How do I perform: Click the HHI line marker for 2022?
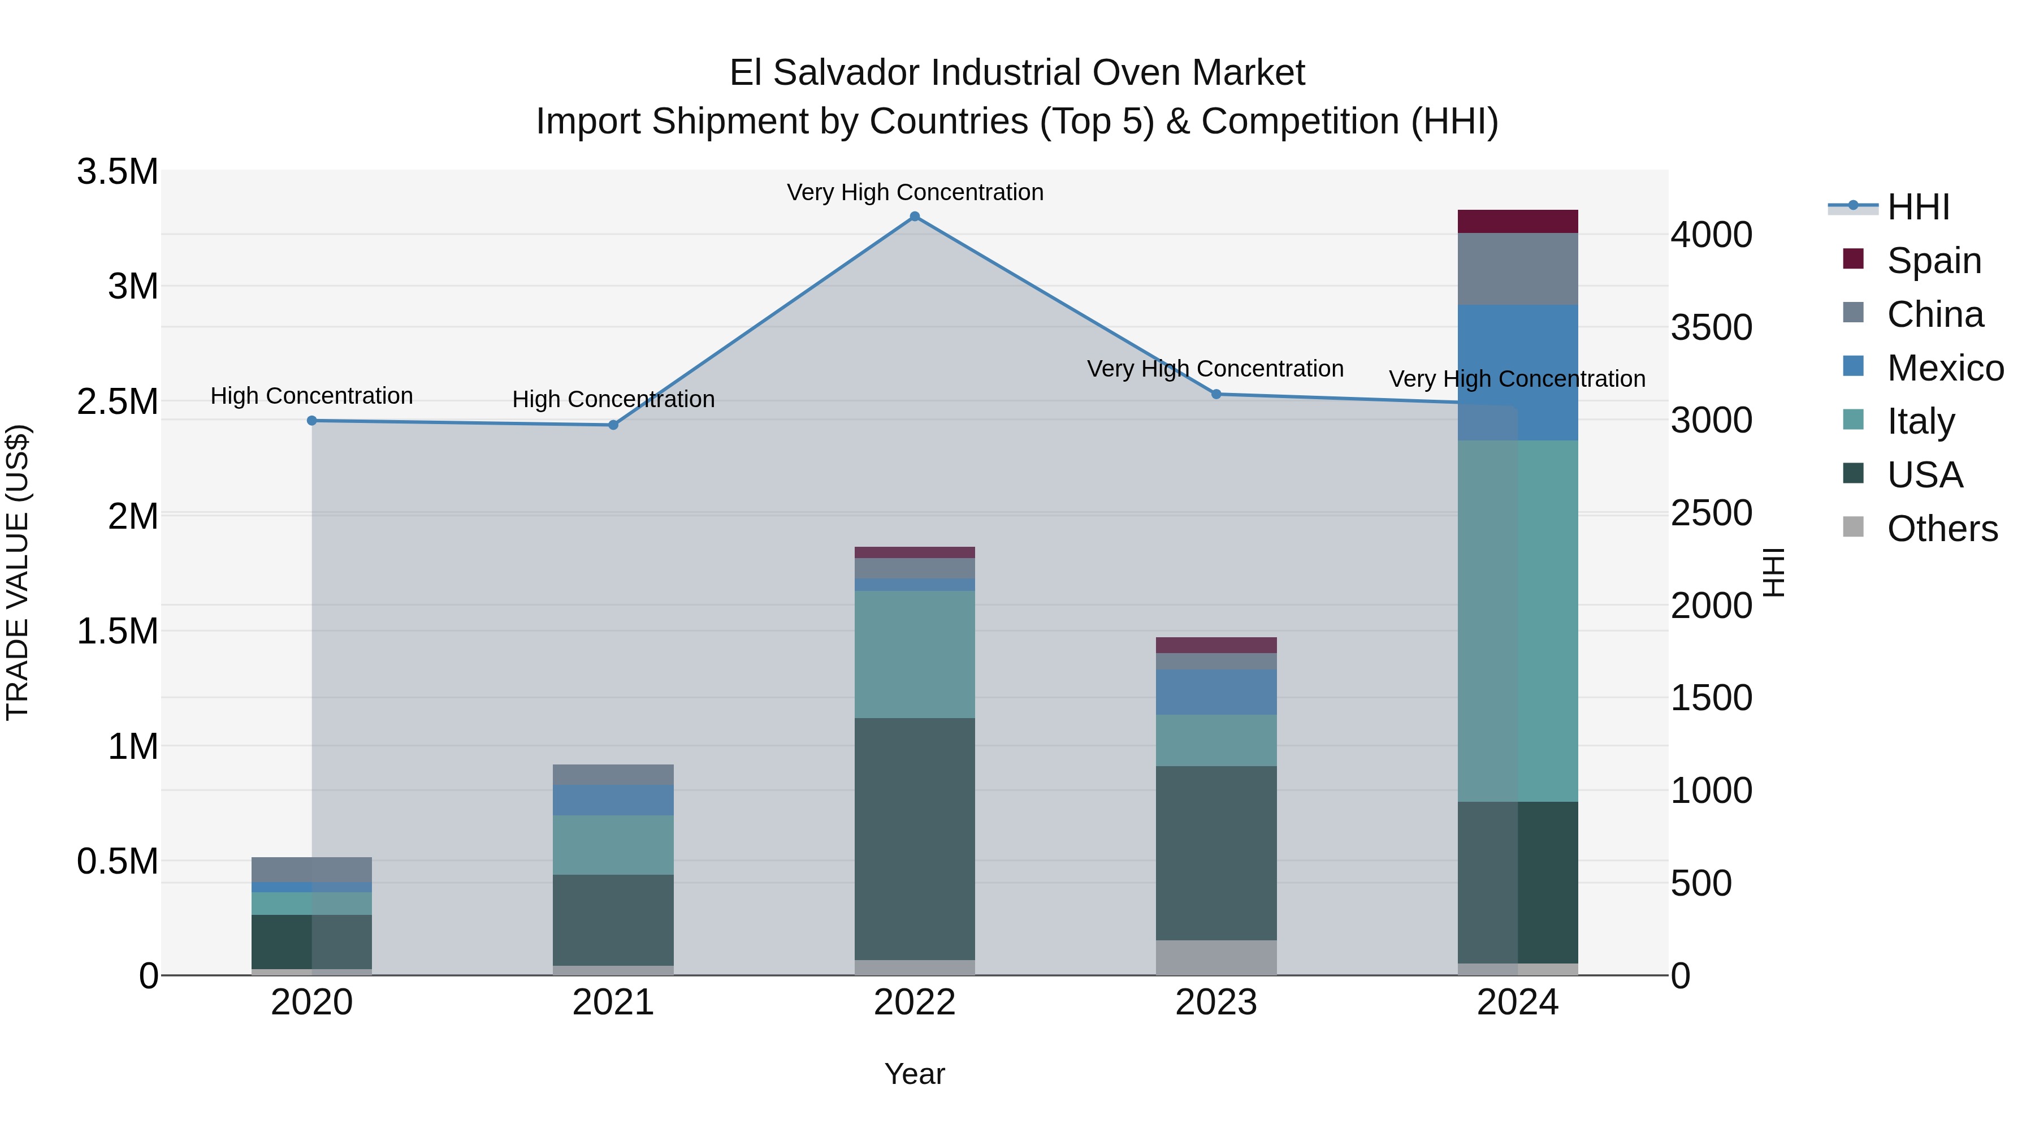[x=915, y=217]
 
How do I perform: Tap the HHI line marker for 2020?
[x=312, y=420]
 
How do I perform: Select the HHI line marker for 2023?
[x=1216, y=394]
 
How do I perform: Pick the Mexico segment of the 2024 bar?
[x=1518, y=371]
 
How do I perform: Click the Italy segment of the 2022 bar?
[x=915, y=654]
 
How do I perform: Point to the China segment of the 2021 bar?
[x=613, y=775]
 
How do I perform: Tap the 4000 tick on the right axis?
[x=1711, y=235]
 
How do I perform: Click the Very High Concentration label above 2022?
[x=915, y=192]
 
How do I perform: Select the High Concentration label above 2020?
[x=312, y=396]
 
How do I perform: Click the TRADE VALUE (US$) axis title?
[x=18, y=572]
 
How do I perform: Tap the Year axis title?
[x=915, y=1074]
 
